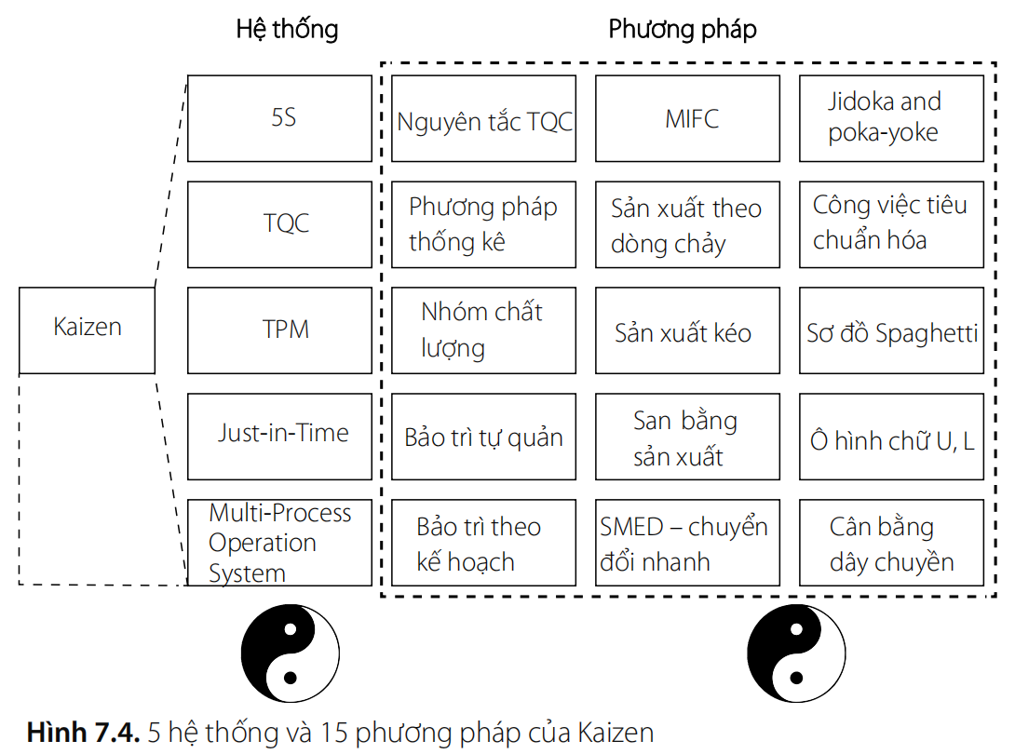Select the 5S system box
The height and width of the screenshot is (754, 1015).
[x=279, y=118]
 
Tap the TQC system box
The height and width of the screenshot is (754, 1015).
[x=279, y=224]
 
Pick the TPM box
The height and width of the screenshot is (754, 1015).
[x=279, y=330]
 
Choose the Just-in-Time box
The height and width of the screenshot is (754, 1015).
[x=279, y=436]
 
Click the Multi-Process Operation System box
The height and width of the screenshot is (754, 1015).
[x=279, y=543]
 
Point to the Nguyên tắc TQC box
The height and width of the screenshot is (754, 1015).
[x=483, y=118]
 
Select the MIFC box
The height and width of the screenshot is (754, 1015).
[x=687, y=118]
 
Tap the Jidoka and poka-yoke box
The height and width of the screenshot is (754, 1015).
[x=891, y=118]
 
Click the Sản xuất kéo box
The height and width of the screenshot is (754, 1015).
[x=687, y=330]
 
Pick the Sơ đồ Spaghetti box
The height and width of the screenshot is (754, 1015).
[x=891, y=330]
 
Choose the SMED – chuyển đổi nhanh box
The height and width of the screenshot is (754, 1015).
[x=687, y=543]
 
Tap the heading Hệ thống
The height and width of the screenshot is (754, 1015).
[x=287, y=30]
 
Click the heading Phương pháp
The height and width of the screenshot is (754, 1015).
[x=683, y=30]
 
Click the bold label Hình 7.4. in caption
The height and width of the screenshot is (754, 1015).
[x=83, y=733]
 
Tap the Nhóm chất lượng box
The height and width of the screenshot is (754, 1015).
[x=483, y=330]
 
